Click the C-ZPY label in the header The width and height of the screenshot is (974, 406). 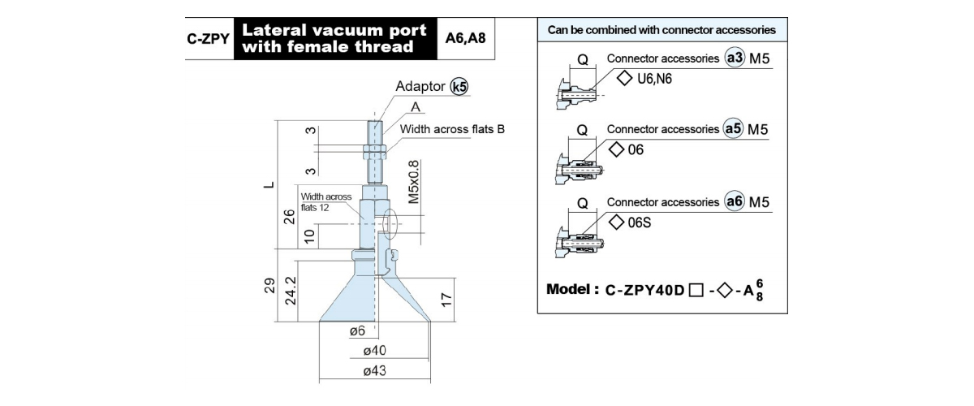pyautogui.click(x=208, y=39)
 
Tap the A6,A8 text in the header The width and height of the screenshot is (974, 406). pyautogui.click(x=465, y=38)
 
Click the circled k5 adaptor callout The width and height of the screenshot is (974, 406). pyautogui.click(x=459, y=87)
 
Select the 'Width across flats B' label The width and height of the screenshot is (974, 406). pyautogui.click(x=452, y=129)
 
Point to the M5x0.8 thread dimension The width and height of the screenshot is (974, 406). pyautogui.click(x=413, y=182)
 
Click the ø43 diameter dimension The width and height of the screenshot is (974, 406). pyautogui.click(x=374, y=371)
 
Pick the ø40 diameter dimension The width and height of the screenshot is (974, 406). pyautogui.click(x=374, y=350)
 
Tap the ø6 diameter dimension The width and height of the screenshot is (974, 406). pyautogui.click(x=357, y=331)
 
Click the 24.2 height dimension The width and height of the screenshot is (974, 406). pyautogui.click(x=290, y=291)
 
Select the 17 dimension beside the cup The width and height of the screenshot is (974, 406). pyautogui.click(x=446, y=300)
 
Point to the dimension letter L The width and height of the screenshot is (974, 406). pyautogui.click(x=269, y=185)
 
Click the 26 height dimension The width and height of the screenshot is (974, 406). pyautogui.click(x=289, y=217)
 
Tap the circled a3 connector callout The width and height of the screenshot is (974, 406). pyautogui.click(x=735, y=58)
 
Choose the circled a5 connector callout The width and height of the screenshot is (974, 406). pyautogui.click(x=734, y=129)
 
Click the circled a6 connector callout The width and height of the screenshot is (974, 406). pyautogui.click(x=735, y=201)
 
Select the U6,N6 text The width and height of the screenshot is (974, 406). pyautogui.click(x=654, y=79)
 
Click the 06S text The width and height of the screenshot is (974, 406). pyautogui.click(x=640, y=222)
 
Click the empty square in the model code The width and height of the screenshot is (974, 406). pyautogui.click(x=696, y=290)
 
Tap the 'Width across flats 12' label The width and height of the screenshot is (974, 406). pyautogui.click(x=326, y=202)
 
